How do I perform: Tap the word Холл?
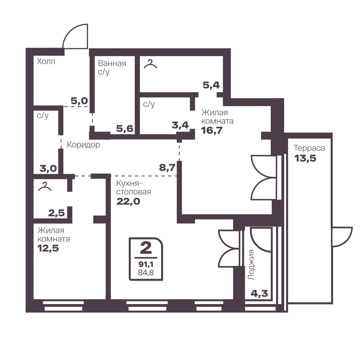[46, 62]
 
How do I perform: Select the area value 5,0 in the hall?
[79, 101]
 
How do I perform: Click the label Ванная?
[112, 63]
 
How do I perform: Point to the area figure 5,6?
[125, 129]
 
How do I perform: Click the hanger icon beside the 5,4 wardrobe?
[150, 64]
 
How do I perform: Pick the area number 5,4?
[211, 85]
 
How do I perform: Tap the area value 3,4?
[180, 125]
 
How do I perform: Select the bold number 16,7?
[212, 130]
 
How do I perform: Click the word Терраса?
[309, 148]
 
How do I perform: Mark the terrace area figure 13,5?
[305, 159]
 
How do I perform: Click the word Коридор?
[83, 145]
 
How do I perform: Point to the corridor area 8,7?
[168, 168]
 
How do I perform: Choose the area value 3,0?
[48, 169]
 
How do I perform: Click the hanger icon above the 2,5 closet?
[45, 186]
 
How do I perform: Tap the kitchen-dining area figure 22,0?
[128, 201]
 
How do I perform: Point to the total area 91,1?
[146, 264]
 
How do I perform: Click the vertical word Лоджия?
[252, 265]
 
